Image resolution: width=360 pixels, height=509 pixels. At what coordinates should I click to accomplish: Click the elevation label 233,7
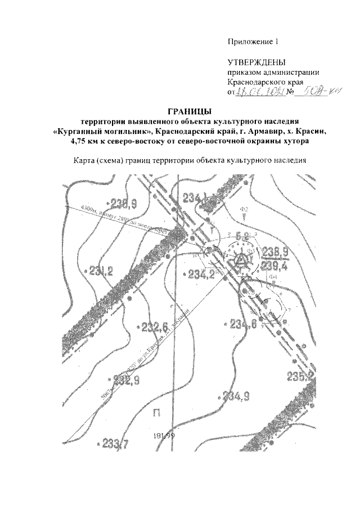click(115, 444)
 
